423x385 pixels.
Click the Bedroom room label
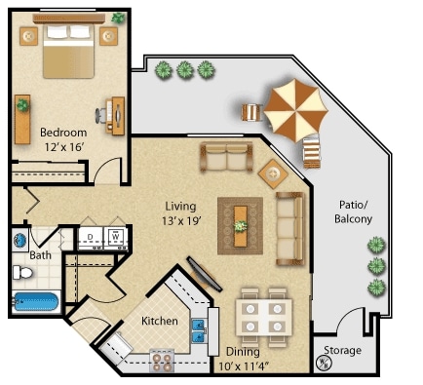[x=63, y=133]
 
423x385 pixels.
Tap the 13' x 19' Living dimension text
[x=182, y=221]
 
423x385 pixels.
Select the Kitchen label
[x=160, y=321]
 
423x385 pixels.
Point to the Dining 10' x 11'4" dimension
[x=244, y=366]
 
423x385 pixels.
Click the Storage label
[x=342, y=350]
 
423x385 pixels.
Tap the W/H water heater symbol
[x=323, y=363]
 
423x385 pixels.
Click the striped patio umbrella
[x=295, y=110]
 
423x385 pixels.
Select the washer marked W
[x=115, y=237]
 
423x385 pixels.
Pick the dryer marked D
[x=91, y=237]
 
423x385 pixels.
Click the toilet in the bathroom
[x=22, y=272]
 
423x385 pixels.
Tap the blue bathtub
[x=36, y=302]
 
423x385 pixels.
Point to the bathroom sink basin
[x=20, y=241]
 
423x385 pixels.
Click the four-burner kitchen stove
[x=162, y=361]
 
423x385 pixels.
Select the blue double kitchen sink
[x=198, y=330]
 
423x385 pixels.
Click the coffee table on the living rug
[x=241, y=226]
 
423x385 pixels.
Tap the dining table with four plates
[x=264, y=318]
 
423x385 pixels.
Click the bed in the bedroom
[x=68, y=51]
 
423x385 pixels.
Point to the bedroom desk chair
[x=100, y=115]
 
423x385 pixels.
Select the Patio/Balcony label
[x=353, y=212]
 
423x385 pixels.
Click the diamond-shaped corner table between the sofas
[x=273, y=173]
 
